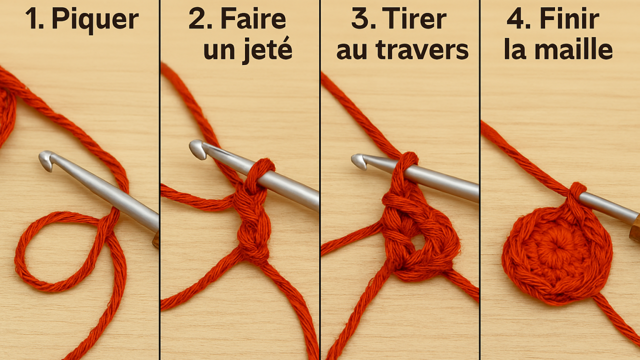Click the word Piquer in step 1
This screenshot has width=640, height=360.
95,20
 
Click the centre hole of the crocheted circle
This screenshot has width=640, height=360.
555,247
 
